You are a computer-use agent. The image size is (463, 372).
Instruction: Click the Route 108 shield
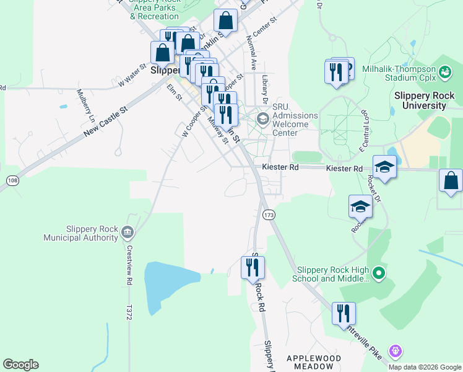[12, 180]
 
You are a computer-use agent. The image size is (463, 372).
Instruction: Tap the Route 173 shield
[268, 215]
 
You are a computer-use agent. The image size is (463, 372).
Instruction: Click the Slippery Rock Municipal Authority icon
[128, 232]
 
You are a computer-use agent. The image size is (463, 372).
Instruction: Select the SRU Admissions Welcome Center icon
[262, 119]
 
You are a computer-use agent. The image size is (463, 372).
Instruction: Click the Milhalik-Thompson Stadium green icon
[444, 73]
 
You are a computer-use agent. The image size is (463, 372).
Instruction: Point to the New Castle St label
[105, 122]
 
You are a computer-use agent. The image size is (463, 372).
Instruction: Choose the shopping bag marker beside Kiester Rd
[451, 181]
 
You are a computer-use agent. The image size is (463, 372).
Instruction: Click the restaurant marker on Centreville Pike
[344, 314]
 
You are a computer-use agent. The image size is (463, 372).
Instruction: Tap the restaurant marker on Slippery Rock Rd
[253, 268]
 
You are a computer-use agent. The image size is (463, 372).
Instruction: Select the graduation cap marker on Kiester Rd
[384, 167]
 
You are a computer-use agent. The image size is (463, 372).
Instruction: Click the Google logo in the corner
[20, 364]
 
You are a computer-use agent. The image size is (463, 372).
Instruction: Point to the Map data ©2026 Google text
[425, 367]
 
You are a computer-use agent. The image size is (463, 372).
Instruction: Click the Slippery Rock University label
[425, 100]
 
